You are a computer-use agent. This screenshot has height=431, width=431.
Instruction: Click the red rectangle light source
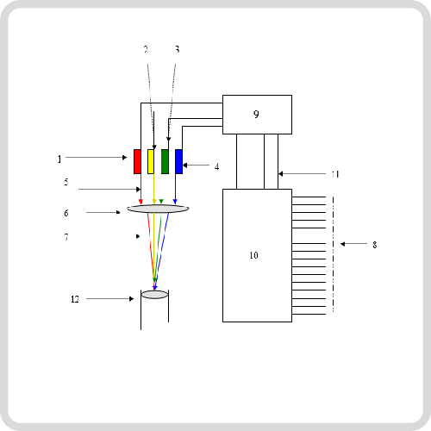[137, 161]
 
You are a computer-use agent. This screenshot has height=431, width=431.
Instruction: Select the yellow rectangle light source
[151, 161]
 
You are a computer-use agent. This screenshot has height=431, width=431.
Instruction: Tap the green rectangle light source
[165, 161]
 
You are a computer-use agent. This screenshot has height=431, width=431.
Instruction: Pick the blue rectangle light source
[178, 161]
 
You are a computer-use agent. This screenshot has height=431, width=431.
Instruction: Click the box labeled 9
[257, 115]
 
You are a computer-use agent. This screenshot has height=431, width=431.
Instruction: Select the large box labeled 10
[257, 255]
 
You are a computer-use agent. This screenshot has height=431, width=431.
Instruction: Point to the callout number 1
[59, 159]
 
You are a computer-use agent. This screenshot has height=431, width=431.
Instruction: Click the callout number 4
[216, 166]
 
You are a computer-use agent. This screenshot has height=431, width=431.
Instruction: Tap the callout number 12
[75, 299]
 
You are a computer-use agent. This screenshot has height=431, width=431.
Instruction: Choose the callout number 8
[375, 245]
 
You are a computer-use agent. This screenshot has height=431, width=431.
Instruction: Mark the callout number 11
[335, 174]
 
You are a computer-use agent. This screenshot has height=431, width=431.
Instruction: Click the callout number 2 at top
[146, 49]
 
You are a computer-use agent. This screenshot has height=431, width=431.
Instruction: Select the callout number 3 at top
[178, 49]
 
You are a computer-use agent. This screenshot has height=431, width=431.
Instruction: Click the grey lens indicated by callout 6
[158, 209]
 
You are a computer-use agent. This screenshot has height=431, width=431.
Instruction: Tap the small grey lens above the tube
[154, 295]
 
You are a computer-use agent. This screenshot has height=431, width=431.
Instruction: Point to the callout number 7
[66, 237]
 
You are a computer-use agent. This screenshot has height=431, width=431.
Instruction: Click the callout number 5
[66, 182]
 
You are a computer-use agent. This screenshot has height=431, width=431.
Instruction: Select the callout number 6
[66, 213]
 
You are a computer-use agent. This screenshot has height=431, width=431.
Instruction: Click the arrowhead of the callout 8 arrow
[342, 244]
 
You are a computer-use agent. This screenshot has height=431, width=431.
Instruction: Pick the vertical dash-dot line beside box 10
[334, 254]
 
